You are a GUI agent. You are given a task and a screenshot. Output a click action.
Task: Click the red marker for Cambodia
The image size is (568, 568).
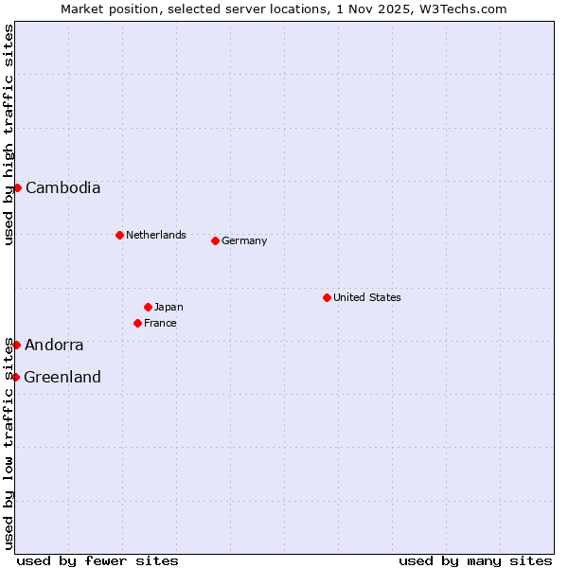tap(17, 187)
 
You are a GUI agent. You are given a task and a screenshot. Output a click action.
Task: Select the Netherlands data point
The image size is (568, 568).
tap(119, 235)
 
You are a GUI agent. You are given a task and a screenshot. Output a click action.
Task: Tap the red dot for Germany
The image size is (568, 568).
tap(215, 240)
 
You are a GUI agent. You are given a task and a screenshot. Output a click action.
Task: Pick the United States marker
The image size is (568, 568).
tap(327, 297)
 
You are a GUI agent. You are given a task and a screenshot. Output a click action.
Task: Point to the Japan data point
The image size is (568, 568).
tap(148, 307)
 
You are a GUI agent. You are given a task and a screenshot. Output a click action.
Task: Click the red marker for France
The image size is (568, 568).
tap(137, 323)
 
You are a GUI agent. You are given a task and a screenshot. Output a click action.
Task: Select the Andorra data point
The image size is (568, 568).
tap(16, 345)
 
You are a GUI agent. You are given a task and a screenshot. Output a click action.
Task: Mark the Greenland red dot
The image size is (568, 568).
tap(15, 377)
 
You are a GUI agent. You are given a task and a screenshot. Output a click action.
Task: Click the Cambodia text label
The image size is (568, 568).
tap(62, 187)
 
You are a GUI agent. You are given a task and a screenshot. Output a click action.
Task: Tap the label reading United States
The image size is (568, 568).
tap(367, 297)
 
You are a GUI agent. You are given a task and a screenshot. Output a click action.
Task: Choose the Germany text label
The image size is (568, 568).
tap(244, 240)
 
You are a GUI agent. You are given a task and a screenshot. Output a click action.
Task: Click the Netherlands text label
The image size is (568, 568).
tap(156, 235)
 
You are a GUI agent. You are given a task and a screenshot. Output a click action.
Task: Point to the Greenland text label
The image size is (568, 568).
tap(62, 377)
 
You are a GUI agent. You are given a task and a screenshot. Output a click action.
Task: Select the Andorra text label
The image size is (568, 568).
tap(54, 345)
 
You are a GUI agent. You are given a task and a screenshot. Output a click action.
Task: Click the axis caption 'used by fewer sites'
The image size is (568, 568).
tap(98, 560)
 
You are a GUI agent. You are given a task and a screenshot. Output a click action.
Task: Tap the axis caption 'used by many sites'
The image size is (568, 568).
tap(475, 560)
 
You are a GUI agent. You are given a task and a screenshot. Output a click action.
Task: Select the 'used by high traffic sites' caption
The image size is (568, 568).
tap(9, 134)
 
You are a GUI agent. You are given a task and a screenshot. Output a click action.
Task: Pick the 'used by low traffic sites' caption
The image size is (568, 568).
tap(9, 443)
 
